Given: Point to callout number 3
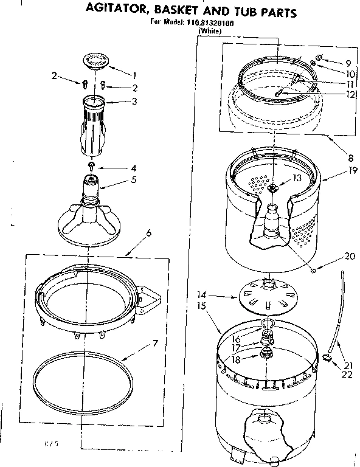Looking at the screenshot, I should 133,101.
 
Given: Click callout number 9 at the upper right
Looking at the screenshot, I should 348,63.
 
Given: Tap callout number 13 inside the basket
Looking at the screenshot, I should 297,178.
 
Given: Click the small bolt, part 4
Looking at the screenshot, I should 91,165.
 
